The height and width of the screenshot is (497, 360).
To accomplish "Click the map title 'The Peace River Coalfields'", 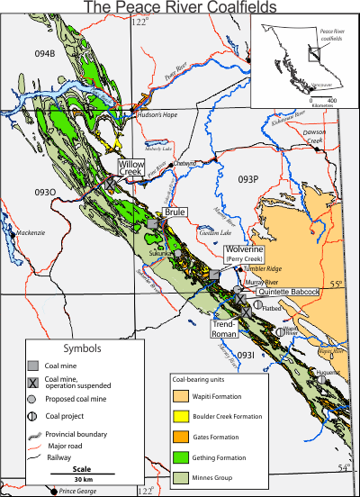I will click(x=179, y=8).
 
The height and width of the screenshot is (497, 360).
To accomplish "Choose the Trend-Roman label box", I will click(x=224, y=328).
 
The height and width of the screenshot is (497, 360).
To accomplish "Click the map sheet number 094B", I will click(x=45, y=54).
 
